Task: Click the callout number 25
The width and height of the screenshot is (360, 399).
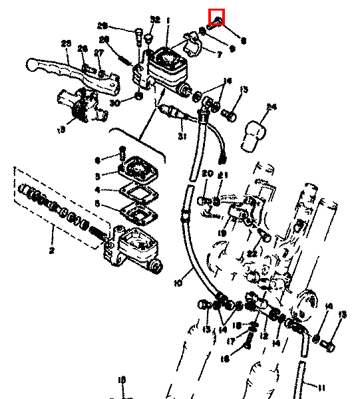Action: (65, 44)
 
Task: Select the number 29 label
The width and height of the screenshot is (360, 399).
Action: (102, 26)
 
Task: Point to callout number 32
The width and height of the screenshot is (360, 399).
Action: (155, 19)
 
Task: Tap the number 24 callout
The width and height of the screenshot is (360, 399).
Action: (270, 106)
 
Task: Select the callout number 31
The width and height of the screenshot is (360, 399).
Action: (162, 137)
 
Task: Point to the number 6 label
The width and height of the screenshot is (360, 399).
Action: (96, 160)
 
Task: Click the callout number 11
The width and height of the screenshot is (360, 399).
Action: (322, 387)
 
